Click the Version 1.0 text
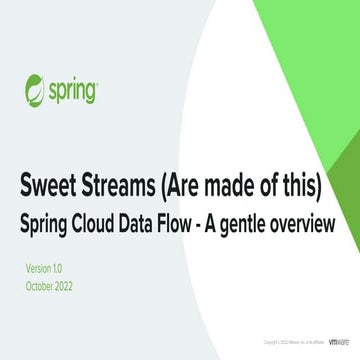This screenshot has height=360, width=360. (x=43, y=269)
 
